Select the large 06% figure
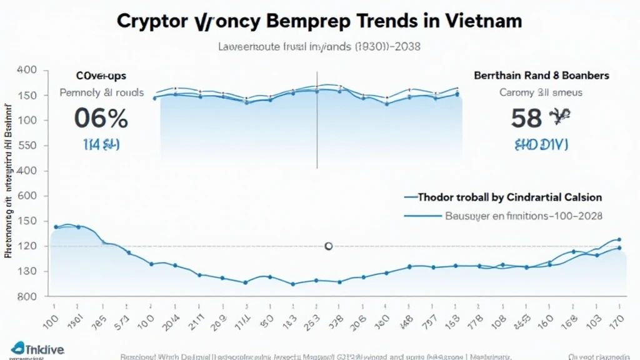(x=101, y=118)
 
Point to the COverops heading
(x=101, y=76)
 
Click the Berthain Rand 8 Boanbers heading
(x=541, y=75)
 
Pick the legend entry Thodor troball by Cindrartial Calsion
(x=509, y=197)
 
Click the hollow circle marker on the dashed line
(x=328, y=246)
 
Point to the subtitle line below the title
(x=319, y=46)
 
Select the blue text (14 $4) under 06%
(x=101, y=144)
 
